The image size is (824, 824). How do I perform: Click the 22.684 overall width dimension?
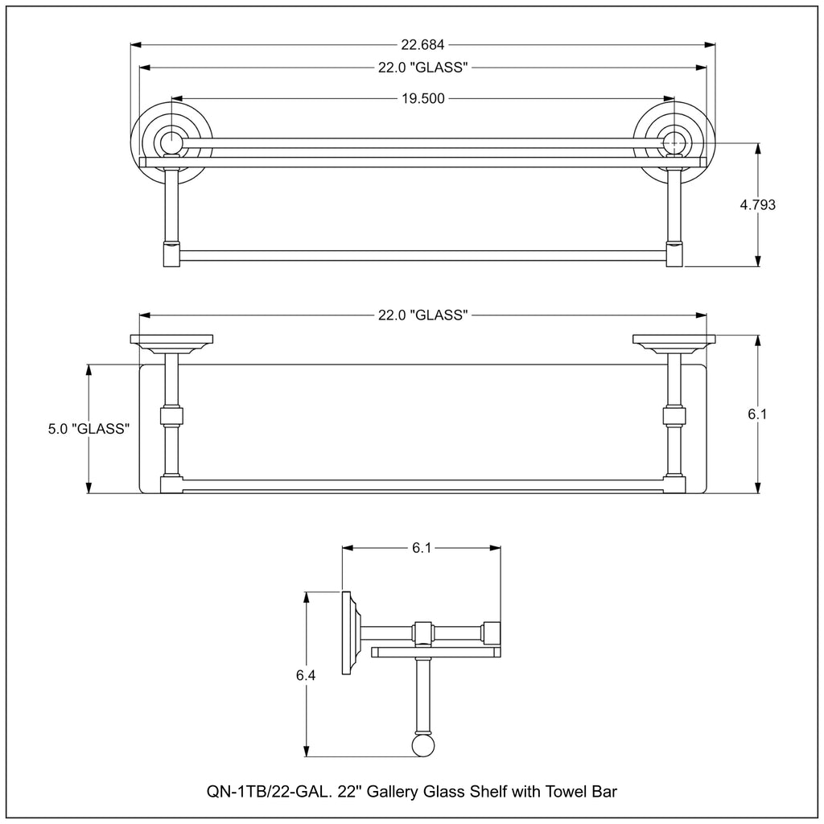coord(423,45)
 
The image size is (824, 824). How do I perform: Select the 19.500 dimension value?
coord(423,98)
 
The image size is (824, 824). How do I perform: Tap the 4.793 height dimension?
coord(757,204)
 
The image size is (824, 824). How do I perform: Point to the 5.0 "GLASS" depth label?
coord(89,429)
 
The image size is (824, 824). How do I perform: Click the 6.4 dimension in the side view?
coord(305,675)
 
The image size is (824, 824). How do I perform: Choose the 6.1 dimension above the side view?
coord(422,548)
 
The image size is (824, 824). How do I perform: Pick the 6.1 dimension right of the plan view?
coord(757,414)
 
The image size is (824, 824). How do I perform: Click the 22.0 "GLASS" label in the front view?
coord(423,68)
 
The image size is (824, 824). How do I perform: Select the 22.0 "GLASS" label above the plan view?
coord(423,315)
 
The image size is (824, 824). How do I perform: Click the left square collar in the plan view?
coord(171,418)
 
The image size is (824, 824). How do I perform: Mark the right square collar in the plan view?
coord(674,418)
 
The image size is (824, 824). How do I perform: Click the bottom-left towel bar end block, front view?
coord(171,255)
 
